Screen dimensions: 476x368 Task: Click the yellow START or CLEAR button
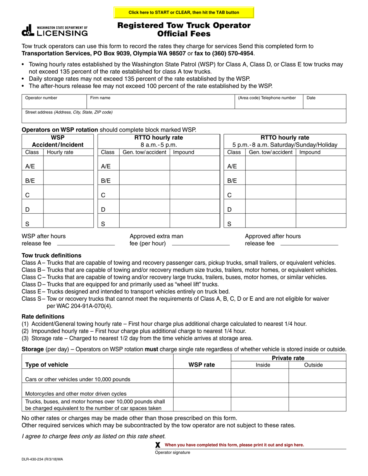(x=184, y=12)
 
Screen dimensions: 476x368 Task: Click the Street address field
(x=184, y=116)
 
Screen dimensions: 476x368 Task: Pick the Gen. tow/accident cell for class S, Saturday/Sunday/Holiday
(x=270, y=221)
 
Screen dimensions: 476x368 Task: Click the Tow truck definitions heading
(x=52, y=255)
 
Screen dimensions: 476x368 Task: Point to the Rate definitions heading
(x=43, y=317)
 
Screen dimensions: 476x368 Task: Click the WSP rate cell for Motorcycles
(x=202, y=390)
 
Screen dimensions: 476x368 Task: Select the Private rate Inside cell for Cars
(x=260, y=376)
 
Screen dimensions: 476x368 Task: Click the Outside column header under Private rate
(x=313, y=365)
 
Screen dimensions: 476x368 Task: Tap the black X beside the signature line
(x=158, y=445)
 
